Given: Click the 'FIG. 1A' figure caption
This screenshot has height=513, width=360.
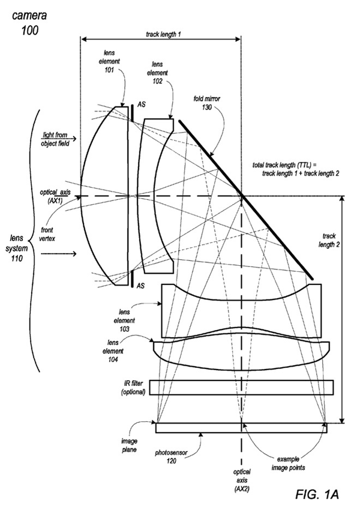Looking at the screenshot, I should (x=317, y=494).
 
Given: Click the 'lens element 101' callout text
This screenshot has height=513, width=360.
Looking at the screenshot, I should (x=112, y=58).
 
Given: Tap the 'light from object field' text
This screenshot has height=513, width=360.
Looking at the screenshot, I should (x=55, y=139).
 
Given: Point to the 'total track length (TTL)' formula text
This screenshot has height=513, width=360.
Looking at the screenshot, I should (x=298, y=169).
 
